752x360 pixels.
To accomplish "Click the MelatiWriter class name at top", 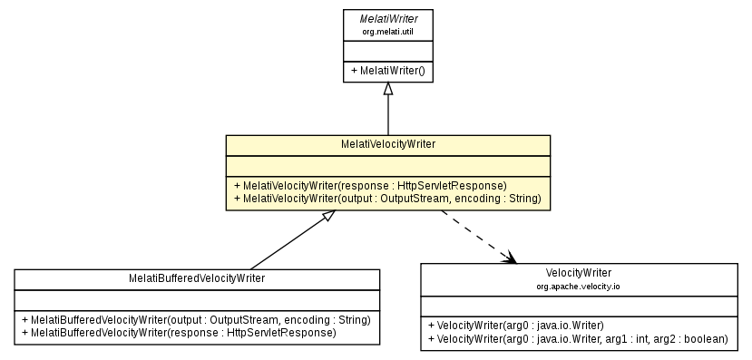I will point(387,18).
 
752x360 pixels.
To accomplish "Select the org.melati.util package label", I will point(387,32).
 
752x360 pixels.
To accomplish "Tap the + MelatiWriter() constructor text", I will point(387,70).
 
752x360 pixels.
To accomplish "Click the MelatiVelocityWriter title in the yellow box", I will point(387,144).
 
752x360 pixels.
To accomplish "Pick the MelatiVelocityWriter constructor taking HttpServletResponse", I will point(370,185).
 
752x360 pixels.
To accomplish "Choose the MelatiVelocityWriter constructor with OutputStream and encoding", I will point(387,198).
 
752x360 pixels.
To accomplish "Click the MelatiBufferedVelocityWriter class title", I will point(197,278).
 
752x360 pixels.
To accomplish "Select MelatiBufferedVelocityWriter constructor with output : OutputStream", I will point(196,320).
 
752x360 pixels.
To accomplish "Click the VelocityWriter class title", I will point(579,272).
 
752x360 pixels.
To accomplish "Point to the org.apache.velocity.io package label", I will point(579,286).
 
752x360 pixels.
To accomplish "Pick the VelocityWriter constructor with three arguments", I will point(578,338).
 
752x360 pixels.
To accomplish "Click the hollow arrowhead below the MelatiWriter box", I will point(388,89).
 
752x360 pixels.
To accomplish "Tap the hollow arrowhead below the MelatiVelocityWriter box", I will point(329,217).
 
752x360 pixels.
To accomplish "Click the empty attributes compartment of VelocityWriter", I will point(579,305).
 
